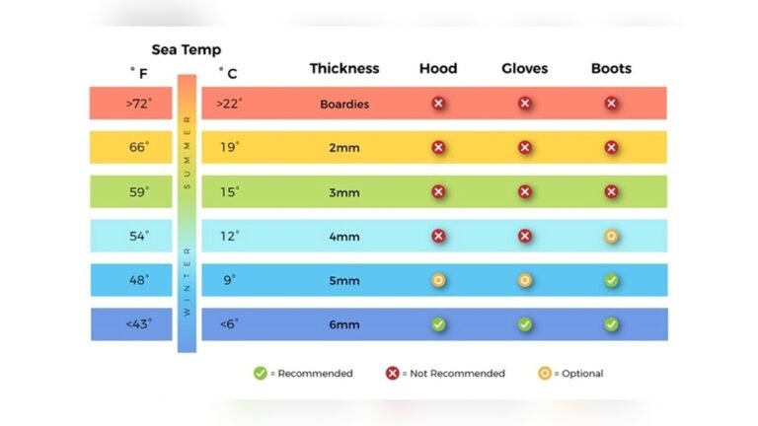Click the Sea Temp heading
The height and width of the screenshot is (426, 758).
[186, 49]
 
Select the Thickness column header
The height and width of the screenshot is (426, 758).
[343, 69]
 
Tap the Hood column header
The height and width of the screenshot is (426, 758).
[438, 69]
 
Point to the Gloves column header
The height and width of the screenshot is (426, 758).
[524, 69]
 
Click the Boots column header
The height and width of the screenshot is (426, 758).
[611, 69]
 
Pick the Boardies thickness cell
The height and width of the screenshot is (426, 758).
[343, 104]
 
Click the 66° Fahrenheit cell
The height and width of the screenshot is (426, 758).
[137, 147]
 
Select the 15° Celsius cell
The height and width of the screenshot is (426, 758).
[229, 192]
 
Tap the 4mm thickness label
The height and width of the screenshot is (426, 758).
[343, 237]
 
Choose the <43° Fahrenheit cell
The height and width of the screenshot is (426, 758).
[137, 324]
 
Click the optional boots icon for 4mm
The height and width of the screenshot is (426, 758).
[611, 237]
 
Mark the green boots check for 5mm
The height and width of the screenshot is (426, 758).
[611, 280]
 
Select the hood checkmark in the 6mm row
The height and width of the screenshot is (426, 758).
[438, 324]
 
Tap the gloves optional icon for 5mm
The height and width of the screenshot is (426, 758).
[524, 280]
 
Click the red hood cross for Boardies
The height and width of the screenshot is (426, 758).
[438, 104]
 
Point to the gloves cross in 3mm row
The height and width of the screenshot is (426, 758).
[524, 192]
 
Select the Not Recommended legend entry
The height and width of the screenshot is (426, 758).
[446, 374]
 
